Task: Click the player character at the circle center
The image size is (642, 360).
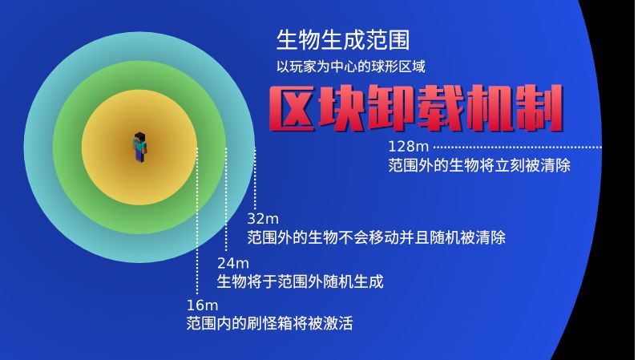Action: pyautogui.click(x=140, y=148)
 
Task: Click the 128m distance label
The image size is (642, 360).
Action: pyautogui.click(x=409, y=147)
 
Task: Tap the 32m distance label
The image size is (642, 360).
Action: pyautogui.click(x=263, y=219)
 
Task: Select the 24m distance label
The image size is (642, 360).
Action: pyautogui.click(x=233, y=263)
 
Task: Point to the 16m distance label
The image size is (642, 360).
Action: pyautogui.click(x=202, y=305)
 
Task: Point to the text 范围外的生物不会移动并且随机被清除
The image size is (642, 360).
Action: pyautogui.click(x=376, y=238)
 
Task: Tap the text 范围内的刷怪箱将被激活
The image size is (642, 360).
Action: pyautogui.click(x=269, y=324)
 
